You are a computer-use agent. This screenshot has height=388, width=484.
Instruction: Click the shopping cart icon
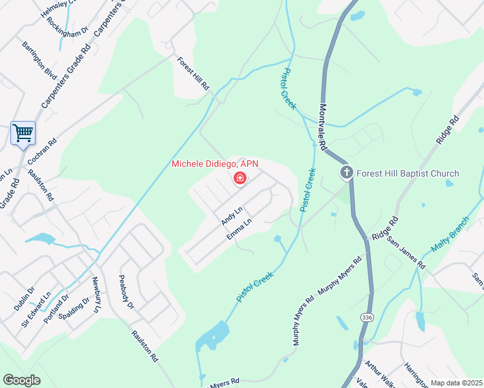(23, 133)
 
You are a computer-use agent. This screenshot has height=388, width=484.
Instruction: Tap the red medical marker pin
(239, 178)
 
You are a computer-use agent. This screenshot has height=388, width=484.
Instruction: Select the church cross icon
(347, 173)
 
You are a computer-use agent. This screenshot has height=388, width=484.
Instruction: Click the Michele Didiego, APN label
(215, 164)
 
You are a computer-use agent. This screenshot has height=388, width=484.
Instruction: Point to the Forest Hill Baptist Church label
(408, 173)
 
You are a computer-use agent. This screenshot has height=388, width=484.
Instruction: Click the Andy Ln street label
(231, 215)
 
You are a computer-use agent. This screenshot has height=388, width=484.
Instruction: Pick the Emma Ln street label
(239, 231)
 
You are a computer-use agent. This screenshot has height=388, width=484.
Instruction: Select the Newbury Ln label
(96, 296)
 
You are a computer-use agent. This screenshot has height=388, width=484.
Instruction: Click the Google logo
(21, 380)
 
